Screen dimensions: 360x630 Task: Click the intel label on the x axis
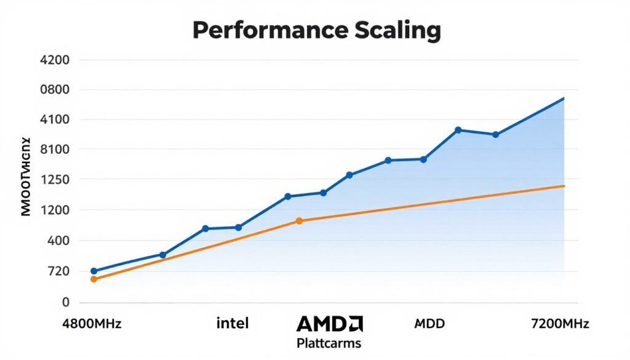coord(233,324)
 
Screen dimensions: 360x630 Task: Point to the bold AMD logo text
coord(329,324)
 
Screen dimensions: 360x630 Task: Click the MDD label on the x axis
coord(430,324)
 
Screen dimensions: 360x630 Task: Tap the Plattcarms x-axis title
coord(329,343)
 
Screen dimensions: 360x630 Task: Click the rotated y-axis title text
coord(25,176)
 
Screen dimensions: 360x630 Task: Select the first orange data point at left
coord(94,279)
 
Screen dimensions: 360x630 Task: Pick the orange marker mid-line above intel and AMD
coord(299,221)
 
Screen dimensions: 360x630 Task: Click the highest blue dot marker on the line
coord(458,130)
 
